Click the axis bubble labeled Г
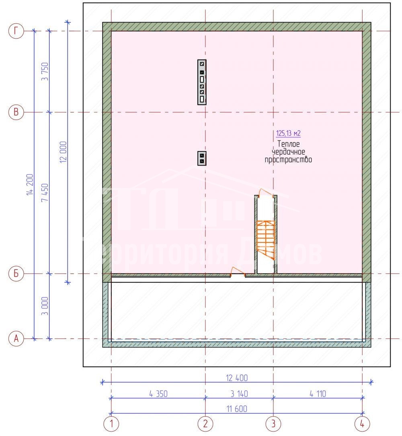coord(16,31)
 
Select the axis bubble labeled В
coord(16,112)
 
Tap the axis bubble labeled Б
coord(16,274)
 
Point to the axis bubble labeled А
coord(16,339)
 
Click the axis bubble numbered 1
coord(111,424)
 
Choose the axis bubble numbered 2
coord(205,424)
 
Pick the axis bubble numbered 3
coord(273,424)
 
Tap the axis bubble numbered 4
coord(362,424)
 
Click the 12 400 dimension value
coord(237,378)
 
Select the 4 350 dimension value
coord(158,394)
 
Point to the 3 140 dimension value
coord(239,394)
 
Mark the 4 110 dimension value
coord(318,394)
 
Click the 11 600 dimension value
coord(237,409)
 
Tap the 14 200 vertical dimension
coord(30,185)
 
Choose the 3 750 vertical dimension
coord(45,72)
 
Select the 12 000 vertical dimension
coord(63,152)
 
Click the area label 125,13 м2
coord(288,134)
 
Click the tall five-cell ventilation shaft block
coord(202,82)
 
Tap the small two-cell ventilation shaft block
coord(202,159)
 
